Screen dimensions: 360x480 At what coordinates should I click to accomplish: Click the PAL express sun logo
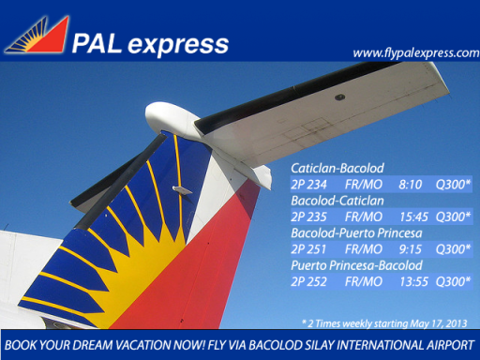coord(37,36)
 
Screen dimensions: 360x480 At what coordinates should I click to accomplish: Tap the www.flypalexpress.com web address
coord(414,52)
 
